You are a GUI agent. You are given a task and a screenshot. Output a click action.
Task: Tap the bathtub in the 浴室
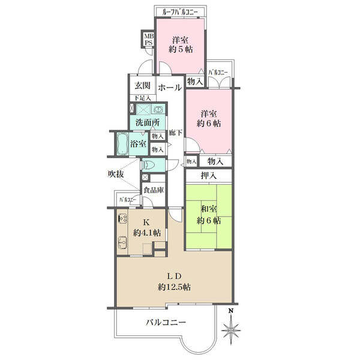[x=122, y=144]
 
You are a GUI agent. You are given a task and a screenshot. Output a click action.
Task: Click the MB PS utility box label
[x=148, y=39]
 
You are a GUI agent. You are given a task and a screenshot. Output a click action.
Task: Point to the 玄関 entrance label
[x=142, y=86]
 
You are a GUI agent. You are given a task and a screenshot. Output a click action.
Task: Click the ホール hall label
[x=170, y=88]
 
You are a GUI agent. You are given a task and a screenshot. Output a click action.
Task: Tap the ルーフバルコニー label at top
[x=180, y=12]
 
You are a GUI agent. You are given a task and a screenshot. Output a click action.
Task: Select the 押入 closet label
[x=209, y=176]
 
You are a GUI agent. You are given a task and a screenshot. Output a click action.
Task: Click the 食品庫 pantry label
[x=154, y=190]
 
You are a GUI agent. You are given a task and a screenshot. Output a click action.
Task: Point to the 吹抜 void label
[x=116, y=174]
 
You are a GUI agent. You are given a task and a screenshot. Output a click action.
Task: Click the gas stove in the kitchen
[x=122, y=218]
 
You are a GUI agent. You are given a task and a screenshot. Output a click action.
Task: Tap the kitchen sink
[x=122, y=242]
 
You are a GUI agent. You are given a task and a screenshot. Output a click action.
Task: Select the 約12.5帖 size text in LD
[x=174, y=287]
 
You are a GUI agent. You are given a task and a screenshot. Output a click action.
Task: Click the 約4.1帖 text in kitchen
[x=147, y=233]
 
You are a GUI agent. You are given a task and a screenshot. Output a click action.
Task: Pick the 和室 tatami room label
[x=209, y=209]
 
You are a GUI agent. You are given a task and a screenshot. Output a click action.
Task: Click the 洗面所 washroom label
[x=148, y=122]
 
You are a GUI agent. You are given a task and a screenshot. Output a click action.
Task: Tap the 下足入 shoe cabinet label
[x=143, y=98]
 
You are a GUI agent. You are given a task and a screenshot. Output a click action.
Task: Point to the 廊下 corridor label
[x=176, y=133]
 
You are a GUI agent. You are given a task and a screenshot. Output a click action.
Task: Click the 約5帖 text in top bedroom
[x=181, y=49]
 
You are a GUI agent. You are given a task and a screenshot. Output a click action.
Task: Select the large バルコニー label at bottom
[x=166, y=323]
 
